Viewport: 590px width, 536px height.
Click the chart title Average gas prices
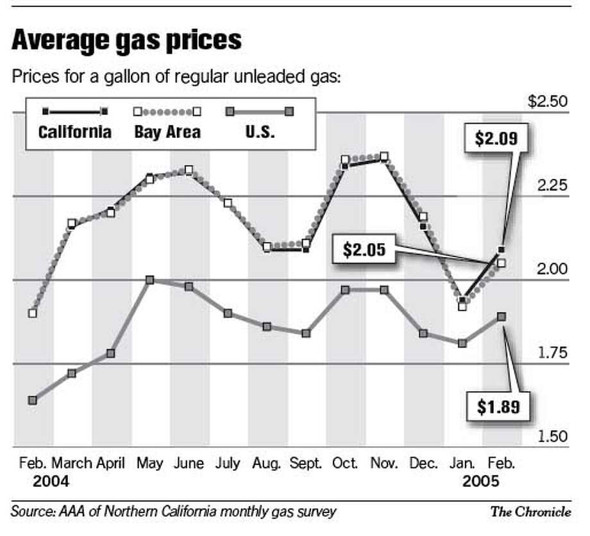[x=126, y=41]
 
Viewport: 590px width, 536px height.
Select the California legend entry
[x=75, y=132]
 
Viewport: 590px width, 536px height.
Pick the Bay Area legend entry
[x=167, y=132]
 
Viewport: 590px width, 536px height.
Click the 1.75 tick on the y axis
[x=552, y=353]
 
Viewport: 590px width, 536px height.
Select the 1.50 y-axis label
[x=552, y=437]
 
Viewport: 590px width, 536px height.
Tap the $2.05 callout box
[x=364, y=249]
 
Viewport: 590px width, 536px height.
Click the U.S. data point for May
[x=149, y=280]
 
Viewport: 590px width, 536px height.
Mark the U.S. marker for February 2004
[x=32, y=400]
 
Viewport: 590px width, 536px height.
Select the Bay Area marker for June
[x=189, y=170]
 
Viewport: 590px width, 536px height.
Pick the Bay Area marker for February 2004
[x=32, y=314]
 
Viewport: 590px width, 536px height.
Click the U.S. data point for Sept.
[x=306, y=333]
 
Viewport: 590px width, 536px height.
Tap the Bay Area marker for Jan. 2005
[x=462, y=306]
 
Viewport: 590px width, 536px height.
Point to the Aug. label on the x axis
[x=267, y=463]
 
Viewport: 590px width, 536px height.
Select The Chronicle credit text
[x=530, y=512]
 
